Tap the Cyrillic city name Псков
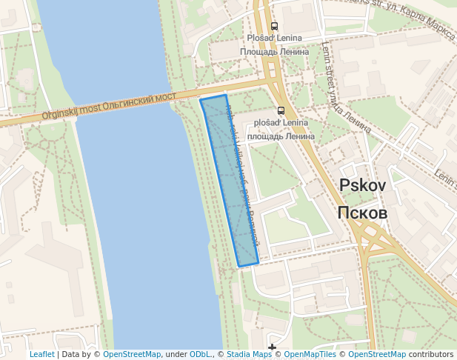[362, 213]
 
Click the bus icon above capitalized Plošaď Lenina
[274, 26]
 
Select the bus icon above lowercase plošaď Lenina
[280, 110]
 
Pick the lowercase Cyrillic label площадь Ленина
[281, 136]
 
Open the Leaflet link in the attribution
[41, 354]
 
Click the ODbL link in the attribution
[201, 354]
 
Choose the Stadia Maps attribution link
[248, 354]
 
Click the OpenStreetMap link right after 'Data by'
[132, 354]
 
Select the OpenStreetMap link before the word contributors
[376, 354]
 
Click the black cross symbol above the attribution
[273, 346]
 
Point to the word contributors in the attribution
[431, 354]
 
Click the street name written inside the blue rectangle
[241, 178]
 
